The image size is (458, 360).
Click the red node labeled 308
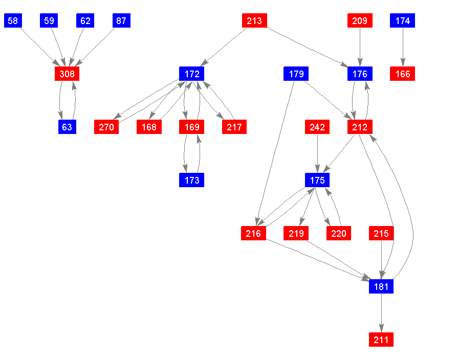[x=67, y=74]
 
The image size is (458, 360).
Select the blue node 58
[x=13, y=20]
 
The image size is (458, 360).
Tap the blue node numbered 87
[x=122, y=20]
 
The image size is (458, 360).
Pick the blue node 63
[x=67, y=127]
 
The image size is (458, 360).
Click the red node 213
[x=254, y=20]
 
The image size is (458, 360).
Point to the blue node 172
[x=192, y=74]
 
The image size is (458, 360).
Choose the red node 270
[x=106, y=127]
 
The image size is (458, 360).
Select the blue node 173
[x=192, y=180]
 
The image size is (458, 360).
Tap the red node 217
[x=234, y=127]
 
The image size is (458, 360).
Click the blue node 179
[x=296, y=74]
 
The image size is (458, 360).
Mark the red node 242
[x=317, y=127]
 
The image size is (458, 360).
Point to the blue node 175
[x=317, y=180]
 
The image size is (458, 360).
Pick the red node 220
[x=339, y=234]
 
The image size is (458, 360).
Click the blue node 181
[x=381, y=287]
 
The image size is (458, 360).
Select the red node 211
[x=381, y=340]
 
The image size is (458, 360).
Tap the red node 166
[x=403, y=74]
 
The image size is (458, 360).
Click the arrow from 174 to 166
[x=403, y=47]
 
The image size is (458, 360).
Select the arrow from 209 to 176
[x=360, y=47]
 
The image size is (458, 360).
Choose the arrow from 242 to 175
[x=317, y=153]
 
